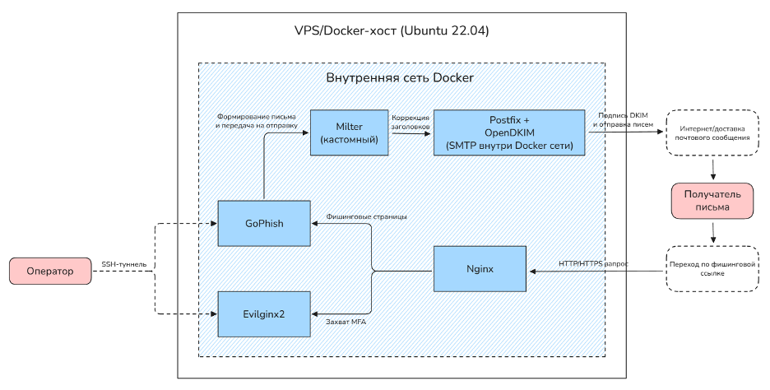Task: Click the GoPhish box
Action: [264, 224]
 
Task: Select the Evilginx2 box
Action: [264, 314]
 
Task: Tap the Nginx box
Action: [480, 269]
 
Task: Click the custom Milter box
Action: [349, 132]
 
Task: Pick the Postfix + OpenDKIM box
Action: [509, 132]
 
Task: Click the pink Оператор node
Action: [50, 272]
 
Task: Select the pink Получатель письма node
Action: [712, 201]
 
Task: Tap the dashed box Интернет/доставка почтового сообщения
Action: [712, 132]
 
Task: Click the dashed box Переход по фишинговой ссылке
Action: [712, 269]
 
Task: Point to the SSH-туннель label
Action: [123, 264]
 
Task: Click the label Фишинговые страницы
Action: [366, 216]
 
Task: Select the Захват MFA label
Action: [346, 323]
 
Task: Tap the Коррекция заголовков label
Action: [411, 123]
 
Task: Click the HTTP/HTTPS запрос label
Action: [593, 264]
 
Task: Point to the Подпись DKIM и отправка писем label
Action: [623, 120]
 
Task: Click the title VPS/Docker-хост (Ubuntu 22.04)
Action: [392, 30]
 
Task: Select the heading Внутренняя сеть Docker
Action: [400, 77]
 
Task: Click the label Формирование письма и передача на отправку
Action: [257, 121]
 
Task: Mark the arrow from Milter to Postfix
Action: [411, 132]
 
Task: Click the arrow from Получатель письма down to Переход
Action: [712, 232]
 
